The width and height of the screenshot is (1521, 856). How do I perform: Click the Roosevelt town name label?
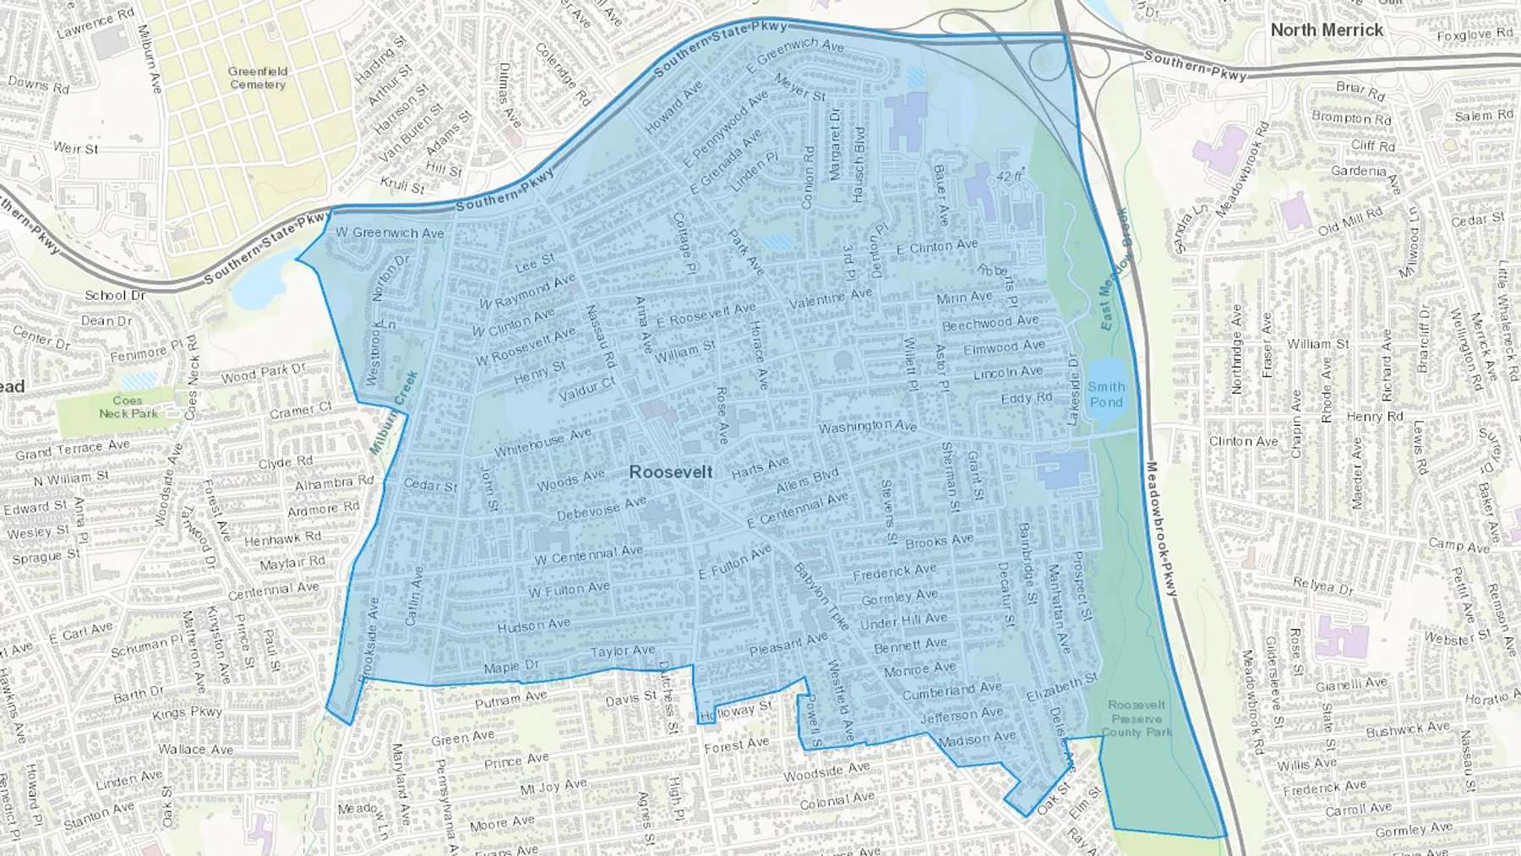(671, 472)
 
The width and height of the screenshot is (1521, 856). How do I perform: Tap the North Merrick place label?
(1327, 30)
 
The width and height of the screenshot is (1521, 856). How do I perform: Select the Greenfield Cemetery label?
(258, 78)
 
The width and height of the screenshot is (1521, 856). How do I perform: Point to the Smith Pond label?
(1106, 394)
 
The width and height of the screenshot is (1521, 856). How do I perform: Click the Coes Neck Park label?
(128, 406)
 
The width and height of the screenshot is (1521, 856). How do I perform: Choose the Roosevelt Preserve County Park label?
(1137, 718)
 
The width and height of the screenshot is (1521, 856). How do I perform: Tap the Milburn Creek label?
(394, 412)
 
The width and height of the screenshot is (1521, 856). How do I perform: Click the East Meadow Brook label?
(1114, 269)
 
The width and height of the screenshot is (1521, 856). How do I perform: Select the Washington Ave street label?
(867, 426)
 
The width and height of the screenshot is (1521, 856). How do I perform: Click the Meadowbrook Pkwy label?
(1162, 529)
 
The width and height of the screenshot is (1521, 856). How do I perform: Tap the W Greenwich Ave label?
(390, 232)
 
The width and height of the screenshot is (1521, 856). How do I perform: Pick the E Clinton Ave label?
(936, 247)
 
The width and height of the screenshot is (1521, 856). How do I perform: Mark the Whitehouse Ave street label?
(542, 442)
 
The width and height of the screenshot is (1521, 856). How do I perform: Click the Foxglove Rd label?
(1475, 35)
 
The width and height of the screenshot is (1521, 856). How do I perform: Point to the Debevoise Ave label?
(601, 509)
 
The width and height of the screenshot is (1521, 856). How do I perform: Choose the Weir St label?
(76, 148)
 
